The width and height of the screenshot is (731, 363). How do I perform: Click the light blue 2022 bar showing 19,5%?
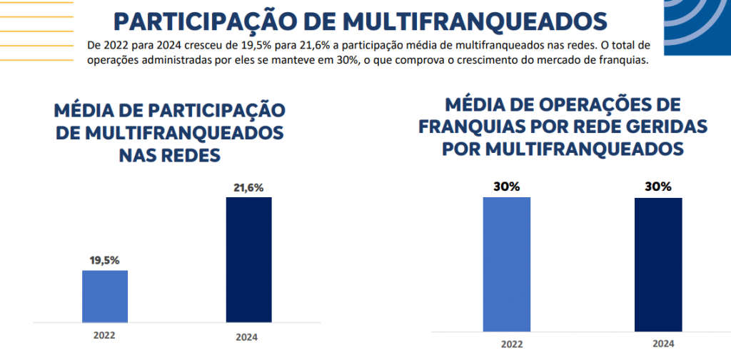[x=105, y=296]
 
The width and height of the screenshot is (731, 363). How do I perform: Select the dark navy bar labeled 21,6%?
[x=248, y=259]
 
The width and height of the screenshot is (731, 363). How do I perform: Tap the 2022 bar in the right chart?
[x=507, y=264]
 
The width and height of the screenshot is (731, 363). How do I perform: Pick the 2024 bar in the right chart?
[x=658, y=264]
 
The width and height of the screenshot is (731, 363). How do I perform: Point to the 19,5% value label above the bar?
[x=105, y=261]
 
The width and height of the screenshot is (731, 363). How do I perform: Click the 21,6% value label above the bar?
[x=248, y=189]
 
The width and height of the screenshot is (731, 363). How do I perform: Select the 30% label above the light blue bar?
[x=507, y=187]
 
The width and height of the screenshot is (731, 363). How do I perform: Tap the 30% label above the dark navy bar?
[x=658, y=187]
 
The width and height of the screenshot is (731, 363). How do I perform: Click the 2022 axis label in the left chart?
[x=104, y=334]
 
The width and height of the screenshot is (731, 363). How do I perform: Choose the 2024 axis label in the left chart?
[x=246, y=337]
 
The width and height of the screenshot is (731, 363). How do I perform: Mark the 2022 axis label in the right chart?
[x=511, y=344]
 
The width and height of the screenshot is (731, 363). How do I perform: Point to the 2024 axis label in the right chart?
[x=663, y=344]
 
